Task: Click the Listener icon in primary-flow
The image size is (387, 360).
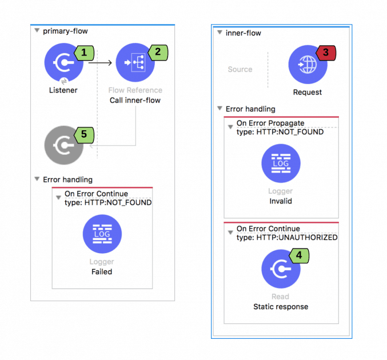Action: [x=64, y=63]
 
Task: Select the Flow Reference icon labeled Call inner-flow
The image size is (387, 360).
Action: [x=135, y=63]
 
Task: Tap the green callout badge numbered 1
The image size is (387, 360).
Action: [x=85, y=53]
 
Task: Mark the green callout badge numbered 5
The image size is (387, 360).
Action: [x=85, y=134]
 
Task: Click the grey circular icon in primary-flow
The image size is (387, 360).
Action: [x=64, y=146]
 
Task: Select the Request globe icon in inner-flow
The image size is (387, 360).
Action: [x=308, y=65]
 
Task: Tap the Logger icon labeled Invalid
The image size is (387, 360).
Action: [x=281, y=163]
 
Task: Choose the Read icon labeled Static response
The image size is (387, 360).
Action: [x=281, y=269]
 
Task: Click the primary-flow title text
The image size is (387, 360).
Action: [x=66, y=31]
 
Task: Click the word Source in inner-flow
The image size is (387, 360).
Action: [x=240, y=69]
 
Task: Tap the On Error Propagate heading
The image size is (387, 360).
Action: [x=270, y=123]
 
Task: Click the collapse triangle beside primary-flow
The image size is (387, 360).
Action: [x=37, y=31]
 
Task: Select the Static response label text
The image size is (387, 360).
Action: [x=281, y=306]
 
